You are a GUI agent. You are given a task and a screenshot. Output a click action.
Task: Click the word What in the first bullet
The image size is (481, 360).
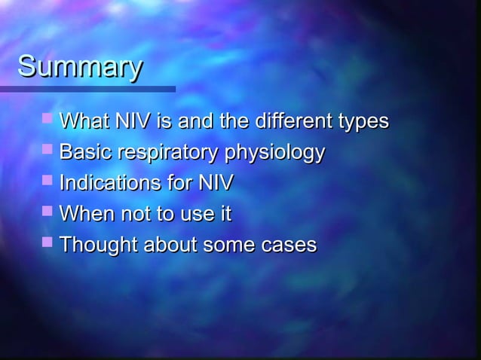[x=85, y=121]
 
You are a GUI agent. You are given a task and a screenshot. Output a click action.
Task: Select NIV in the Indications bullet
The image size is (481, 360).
[x=215, y=184]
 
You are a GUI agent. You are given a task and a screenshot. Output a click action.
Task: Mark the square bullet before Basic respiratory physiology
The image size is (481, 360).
[x=49, y=151]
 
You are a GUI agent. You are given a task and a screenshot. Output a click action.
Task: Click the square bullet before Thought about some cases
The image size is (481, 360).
[x=49, y=244]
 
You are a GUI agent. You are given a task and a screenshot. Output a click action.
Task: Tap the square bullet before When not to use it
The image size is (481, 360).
[x=49, y=213]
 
